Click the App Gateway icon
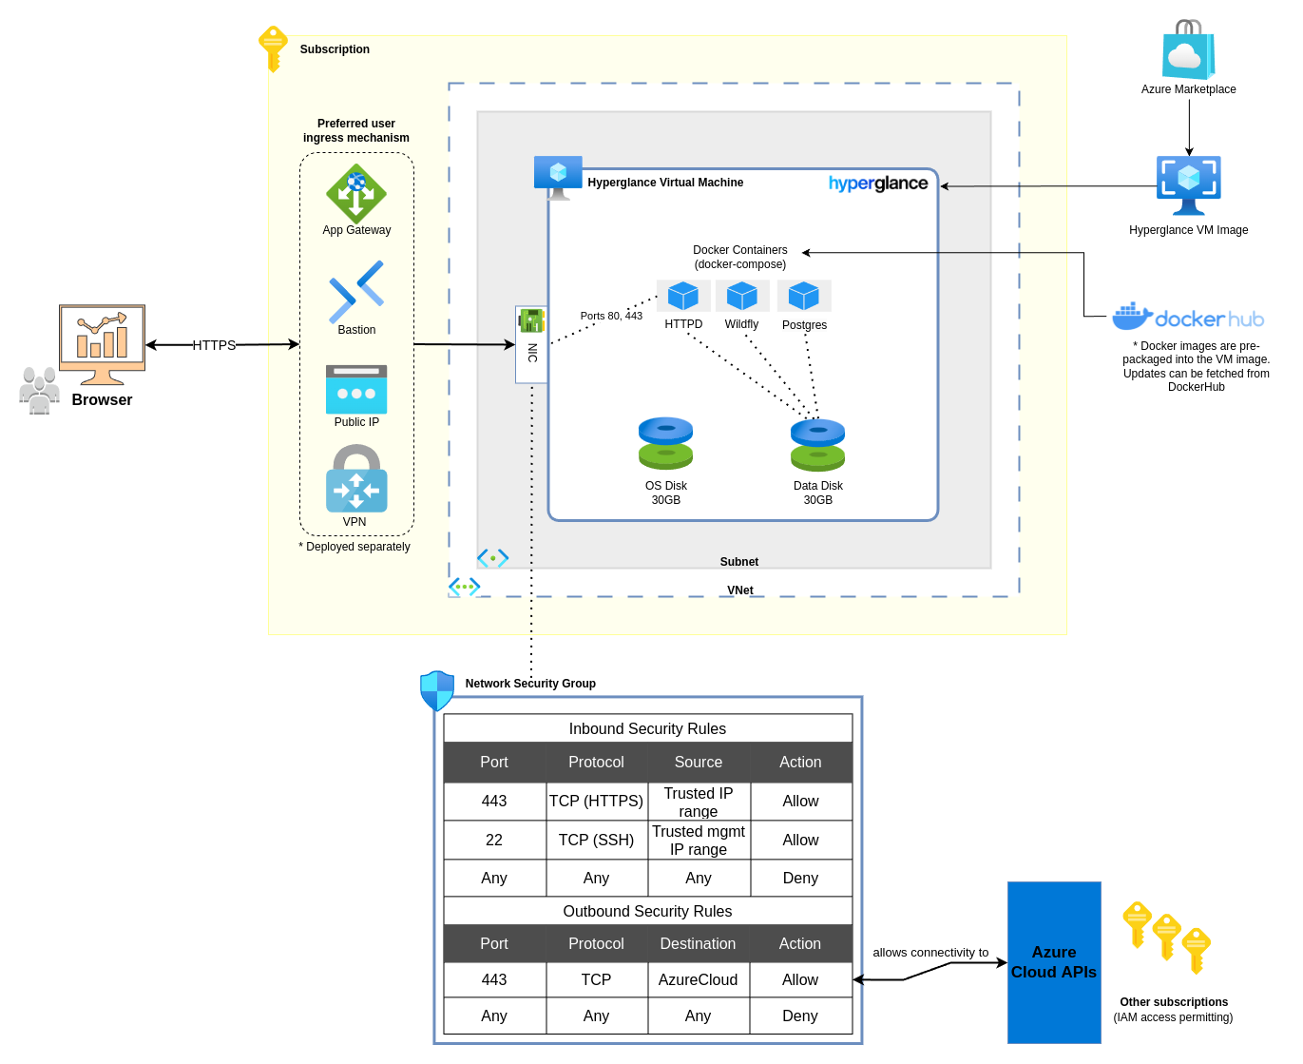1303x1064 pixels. click(x=356, y=194)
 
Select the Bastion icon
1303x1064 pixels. click(x=356, y=291)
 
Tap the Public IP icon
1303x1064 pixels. click(x=356, y=389)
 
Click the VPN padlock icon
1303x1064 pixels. click(x=356, y=480)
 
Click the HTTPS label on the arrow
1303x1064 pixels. click(x=214, y=345)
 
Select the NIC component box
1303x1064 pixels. click(x=531, y=344)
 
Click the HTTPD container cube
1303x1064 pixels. click(x=683, y=296)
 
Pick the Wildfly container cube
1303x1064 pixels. click(x=742, y=296)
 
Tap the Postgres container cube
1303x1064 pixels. click(x=804, y=296)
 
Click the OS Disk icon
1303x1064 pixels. click(x=665, y=443)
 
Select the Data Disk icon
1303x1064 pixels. click(x=817, y=445)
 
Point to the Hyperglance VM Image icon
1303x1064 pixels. click(x=1188, y=185)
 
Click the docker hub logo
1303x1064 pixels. click(x=1188, y=318)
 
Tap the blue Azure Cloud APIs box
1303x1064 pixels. click(x=1054, y=962)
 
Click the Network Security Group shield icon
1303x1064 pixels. click(x=437, y=690)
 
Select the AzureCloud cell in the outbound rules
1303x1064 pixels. click(x=698, y=979)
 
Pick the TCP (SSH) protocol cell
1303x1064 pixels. click(x=596, y=840)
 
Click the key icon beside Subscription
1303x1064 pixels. click(x=273, y=48)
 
